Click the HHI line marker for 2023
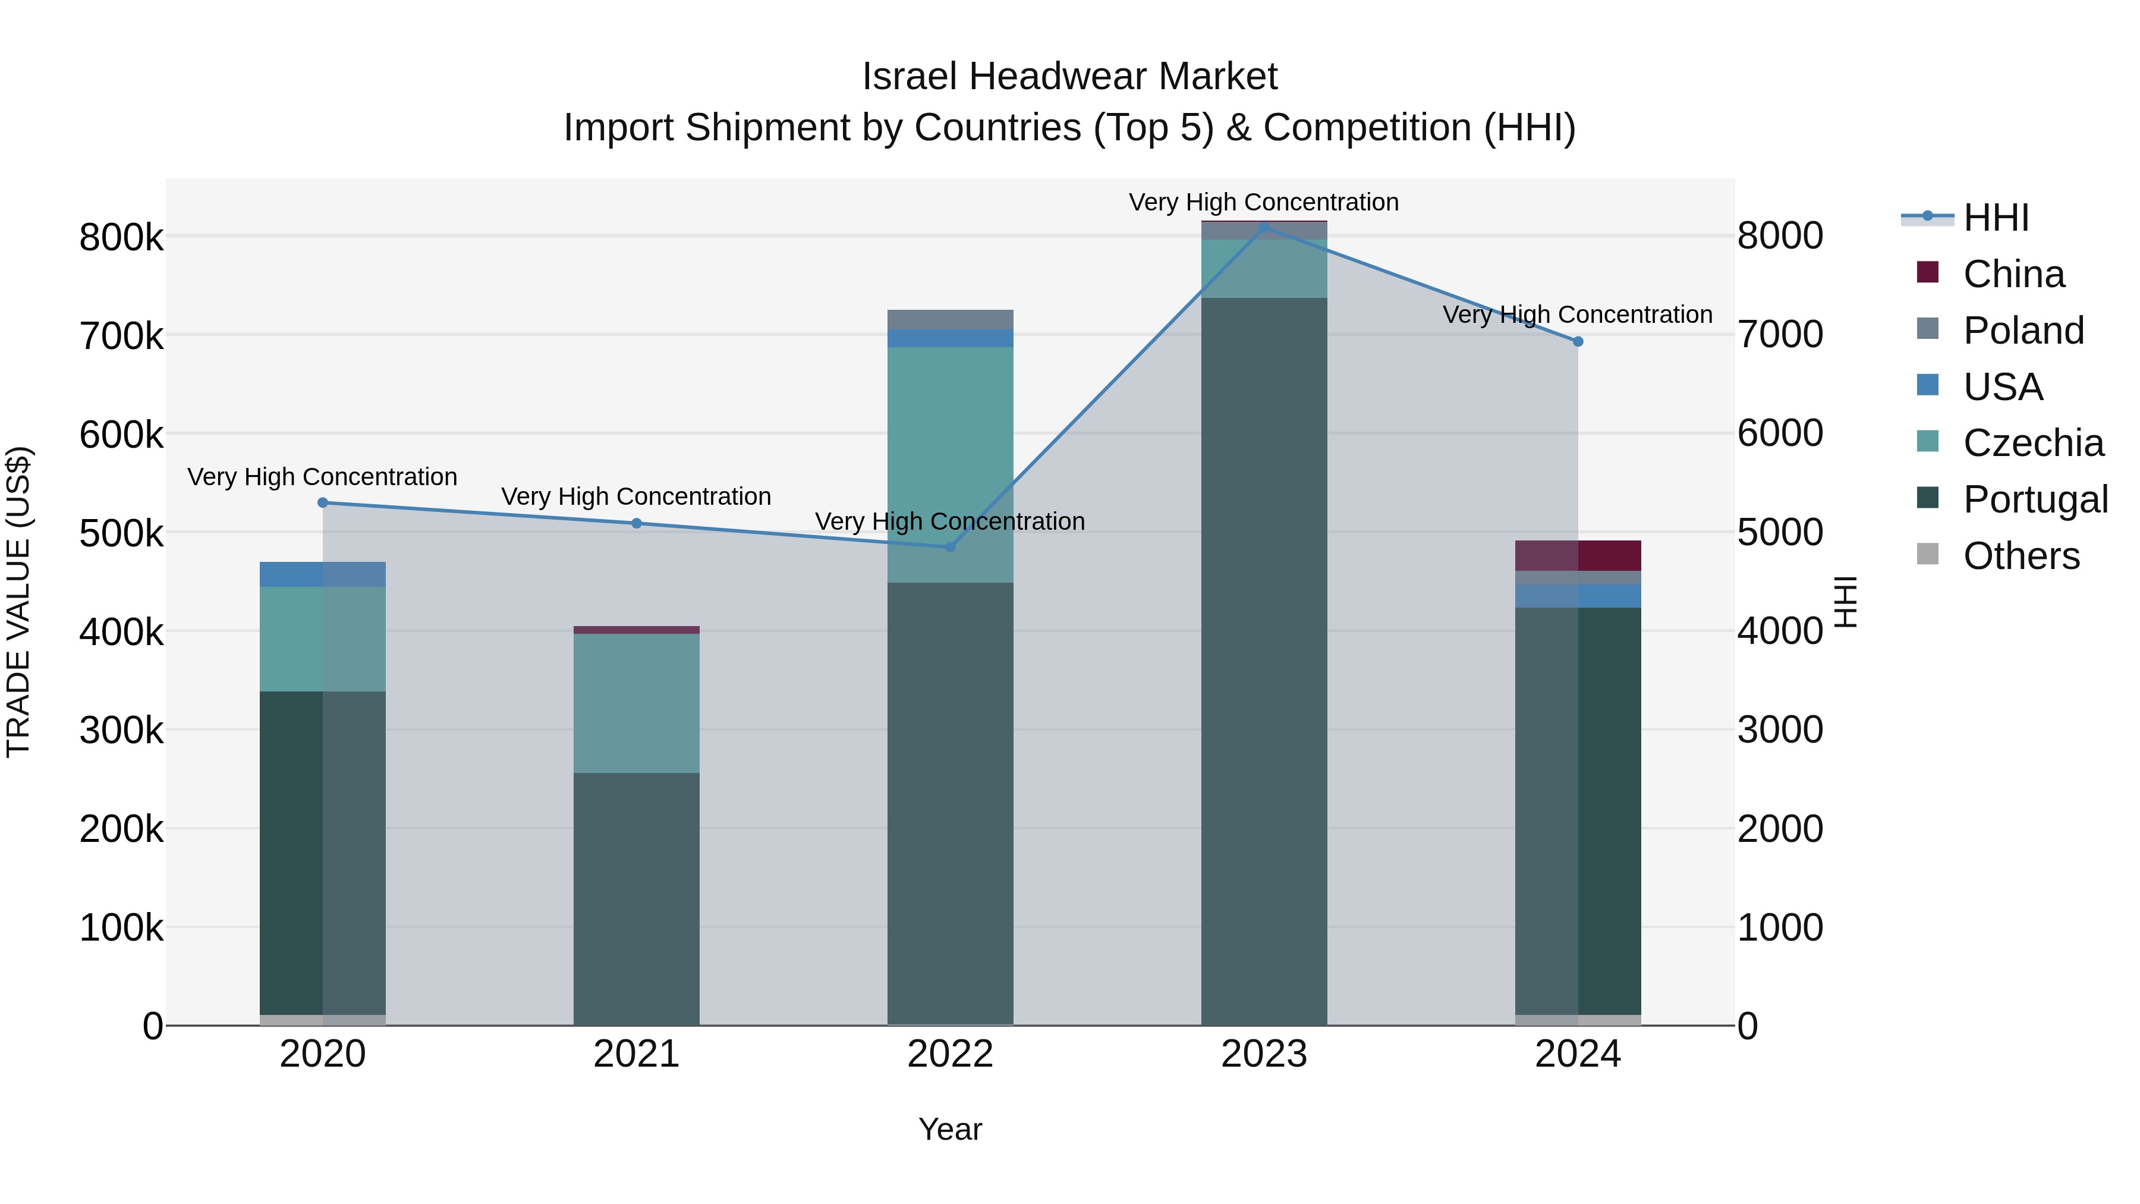[1264, 227]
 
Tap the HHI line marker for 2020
[323, 502]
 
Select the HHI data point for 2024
[1578, 341]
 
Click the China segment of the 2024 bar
[1578, 556]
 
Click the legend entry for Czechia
[2032, 443]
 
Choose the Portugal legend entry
[2035, 499]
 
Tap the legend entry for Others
[2021, 556]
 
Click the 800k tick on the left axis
[121, 238]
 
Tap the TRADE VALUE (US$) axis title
[19, 602]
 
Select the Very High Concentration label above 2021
[636, 497]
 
